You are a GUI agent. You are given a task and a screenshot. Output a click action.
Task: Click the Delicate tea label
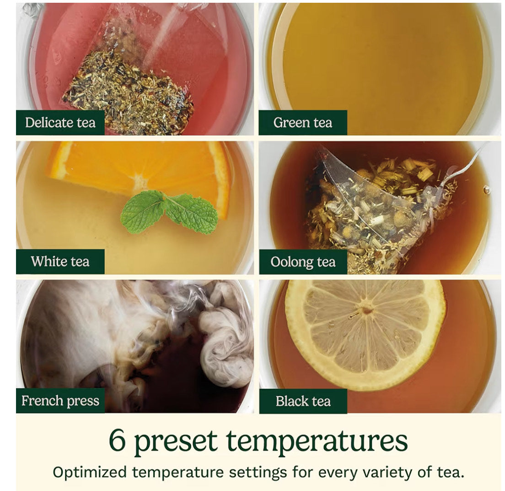coord(60,122)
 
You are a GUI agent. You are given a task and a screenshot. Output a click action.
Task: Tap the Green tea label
coord(303,122)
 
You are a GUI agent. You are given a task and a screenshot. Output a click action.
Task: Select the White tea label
coord(60,262)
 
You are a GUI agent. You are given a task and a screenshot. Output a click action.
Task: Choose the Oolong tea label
coord(303,262)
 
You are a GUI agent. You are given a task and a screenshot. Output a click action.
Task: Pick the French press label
coord(60,401)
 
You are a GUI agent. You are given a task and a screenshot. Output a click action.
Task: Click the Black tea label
coord(303,401)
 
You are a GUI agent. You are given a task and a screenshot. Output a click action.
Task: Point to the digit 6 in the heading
coord(117,440)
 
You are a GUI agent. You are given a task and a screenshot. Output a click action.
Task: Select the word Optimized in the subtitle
coord(90,473)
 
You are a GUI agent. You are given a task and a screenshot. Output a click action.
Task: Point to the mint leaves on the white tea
coord(169,211)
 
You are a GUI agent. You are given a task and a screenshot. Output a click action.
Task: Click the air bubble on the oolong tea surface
coord(486,190)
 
